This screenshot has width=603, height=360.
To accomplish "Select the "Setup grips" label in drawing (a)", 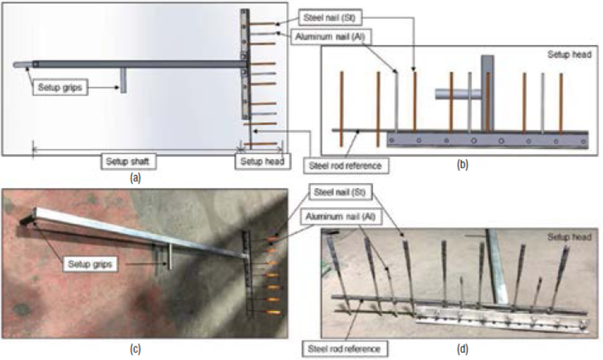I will coord(60,88).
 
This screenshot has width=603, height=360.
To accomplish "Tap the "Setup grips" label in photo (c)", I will coord(89,264).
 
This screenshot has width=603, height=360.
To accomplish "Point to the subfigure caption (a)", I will coord(133,177).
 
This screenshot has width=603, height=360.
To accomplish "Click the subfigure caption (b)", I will coord(462,164).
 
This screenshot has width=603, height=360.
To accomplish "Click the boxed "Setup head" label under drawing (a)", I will coord(260,162).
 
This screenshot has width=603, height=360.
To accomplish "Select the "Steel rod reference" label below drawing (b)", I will coord(346,165).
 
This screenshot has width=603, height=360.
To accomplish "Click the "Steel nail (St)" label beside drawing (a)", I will coord(330,18).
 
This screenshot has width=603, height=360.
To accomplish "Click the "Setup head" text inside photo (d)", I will coord(569,237).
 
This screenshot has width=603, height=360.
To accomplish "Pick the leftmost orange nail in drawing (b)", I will coord(342,108).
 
